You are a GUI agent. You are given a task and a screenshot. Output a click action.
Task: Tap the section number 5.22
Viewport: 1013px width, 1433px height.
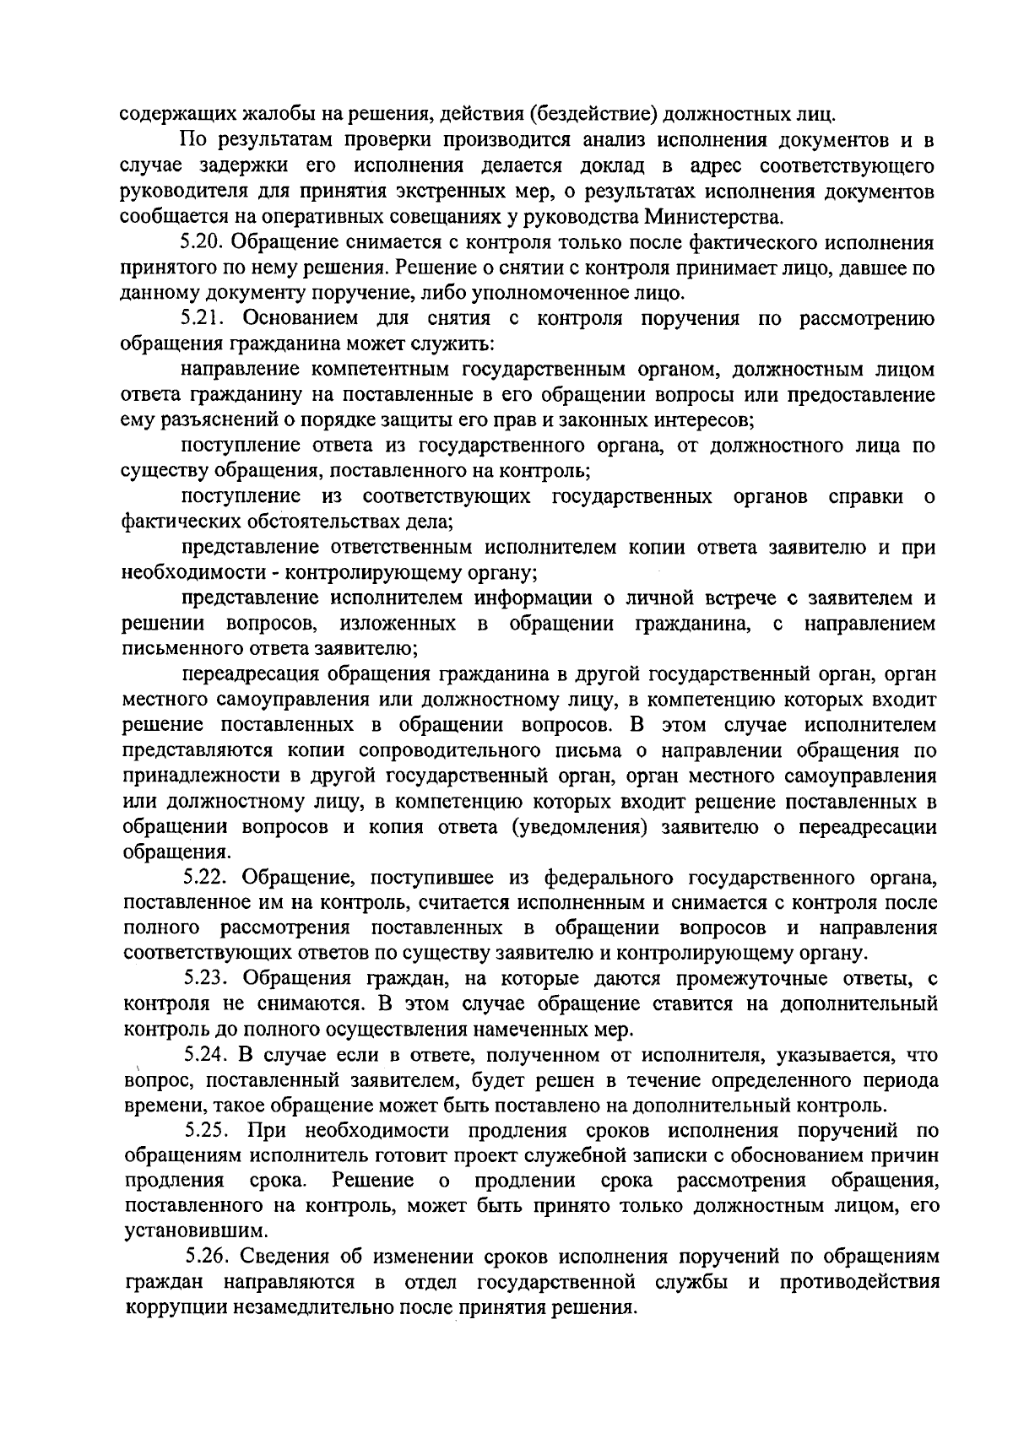pyautogui.click(x=204, y=879)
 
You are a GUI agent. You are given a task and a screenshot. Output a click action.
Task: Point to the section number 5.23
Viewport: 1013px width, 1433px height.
pyautogui.click(x=206, y=979)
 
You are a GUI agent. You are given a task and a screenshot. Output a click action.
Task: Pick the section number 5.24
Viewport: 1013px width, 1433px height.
pyautogui.click(x=206, y=1055)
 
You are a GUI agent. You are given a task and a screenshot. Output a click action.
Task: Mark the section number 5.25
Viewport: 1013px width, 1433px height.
pyautogui.click(x=206, y=1131)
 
